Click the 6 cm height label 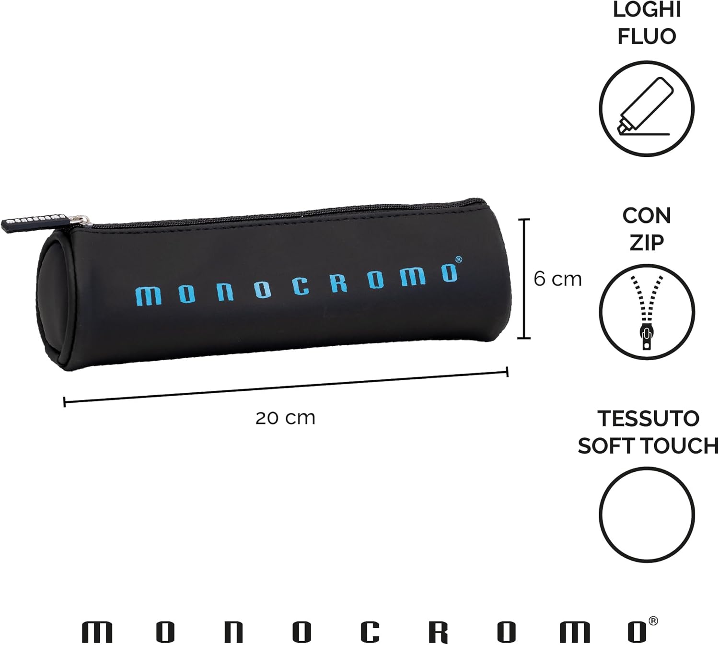[x=557, y=279]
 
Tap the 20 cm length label [x=285, y=418]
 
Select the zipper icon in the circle [x=647, y=312]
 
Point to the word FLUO [x=647, y=36]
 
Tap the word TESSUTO [x=648, y=418]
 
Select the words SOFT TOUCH [x=648, y=446]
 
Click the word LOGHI [x=647, y=10]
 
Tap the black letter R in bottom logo [x=439, y=633]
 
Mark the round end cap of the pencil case [x=53, y=302]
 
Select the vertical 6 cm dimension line [x=524, y=279]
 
